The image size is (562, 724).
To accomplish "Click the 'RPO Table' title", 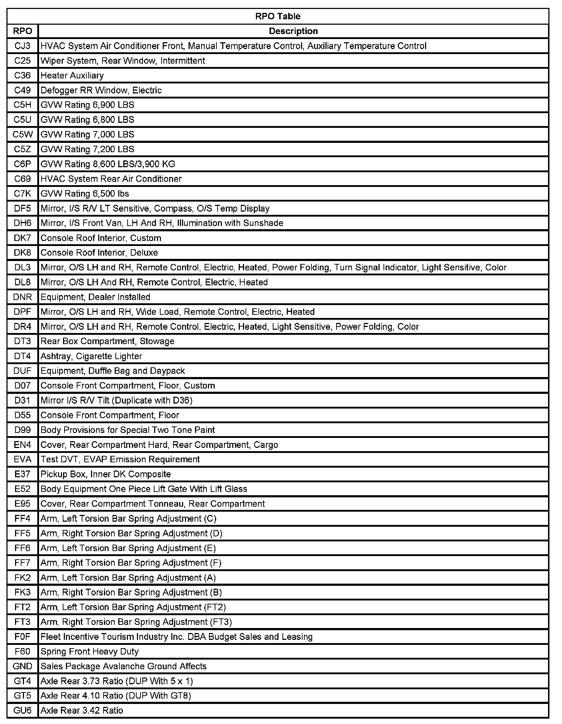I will pyautogui.click(x=278, y=16).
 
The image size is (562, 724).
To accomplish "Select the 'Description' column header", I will pyautogui.click(x=293, y=31).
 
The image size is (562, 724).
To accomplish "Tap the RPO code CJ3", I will pyautogui.click(x=22, y=46).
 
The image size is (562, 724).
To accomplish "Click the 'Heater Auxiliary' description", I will pyautogui.click(x=72, y=76).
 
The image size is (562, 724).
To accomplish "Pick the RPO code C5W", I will pyautogui.click(x=22, y=135).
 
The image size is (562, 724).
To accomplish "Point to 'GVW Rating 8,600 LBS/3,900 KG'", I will pyautogui.click(x=108, y=164).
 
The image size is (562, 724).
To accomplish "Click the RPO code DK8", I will pyautogui.click(x=22, y=253).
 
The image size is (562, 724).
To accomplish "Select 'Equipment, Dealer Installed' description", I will pyautogui.click(x=95, y=297).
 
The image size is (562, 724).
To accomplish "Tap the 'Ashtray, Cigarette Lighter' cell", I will pyautogui.click(x=91, y=356).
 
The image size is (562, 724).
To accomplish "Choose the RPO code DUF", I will pyautogui.click(x=22, y=371).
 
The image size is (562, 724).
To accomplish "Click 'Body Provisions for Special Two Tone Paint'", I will pyautogui.click(x=128, y=430).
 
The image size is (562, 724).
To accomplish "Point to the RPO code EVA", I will pyautogui.click(x=22, y=459).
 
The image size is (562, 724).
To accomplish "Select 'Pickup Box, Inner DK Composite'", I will pyautogui.click(x=106, y=474).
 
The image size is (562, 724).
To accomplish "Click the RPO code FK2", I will pyautogui.click(x=22, y=578).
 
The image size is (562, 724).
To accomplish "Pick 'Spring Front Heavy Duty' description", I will pyautogui.click(x=90, y=652).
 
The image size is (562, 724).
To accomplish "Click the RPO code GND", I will pyautogui.click(x=22, y=666).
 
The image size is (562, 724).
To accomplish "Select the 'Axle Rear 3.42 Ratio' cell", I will pyautogui.click(x=82, y=711).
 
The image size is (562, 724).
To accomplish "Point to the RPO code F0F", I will pyautogui.click(x=22, y=637).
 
